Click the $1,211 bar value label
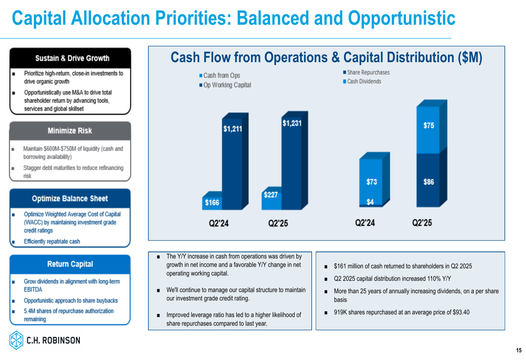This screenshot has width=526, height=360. click(232, 129)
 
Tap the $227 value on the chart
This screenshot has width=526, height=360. click(271, 195)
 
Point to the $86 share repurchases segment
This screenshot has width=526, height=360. click(428, 180)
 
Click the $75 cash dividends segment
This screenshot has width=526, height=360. click(428, 130)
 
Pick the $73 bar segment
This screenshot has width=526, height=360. click(371, 182)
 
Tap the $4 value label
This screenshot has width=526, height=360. click(370, 202)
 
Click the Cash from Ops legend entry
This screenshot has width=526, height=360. click(220, 76)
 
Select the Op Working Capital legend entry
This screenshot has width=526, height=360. click(225, 85)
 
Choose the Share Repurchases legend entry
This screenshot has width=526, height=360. click(366, 73)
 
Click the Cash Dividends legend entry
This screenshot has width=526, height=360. click(362, 81)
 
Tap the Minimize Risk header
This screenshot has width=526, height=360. click(70, 131)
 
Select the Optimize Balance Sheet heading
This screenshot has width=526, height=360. click(70, 199)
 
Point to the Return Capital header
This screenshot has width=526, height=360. click(70, 264)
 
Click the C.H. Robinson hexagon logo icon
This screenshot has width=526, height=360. click(16, 340)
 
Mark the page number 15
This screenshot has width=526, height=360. click(519, 351)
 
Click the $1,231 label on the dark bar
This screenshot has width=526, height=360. click(292, 124)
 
